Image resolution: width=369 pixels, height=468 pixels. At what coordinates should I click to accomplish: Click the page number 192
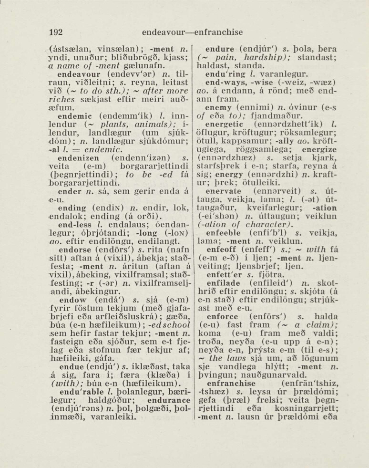(56, 32)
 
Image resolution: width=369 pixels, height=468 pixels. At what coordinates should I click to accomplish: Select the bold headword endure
(220, 49)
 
